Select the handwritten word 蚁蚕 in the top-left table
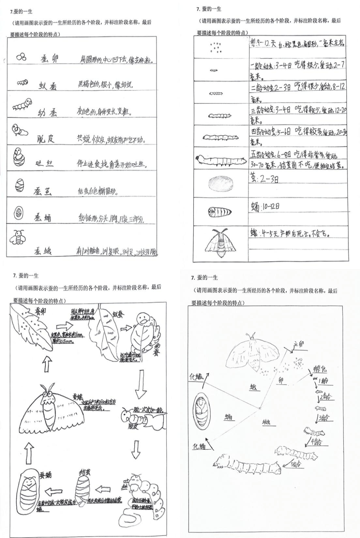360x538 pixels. click(x=47, y=86)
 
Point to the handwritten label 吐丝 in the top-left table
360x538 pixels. click(x=44, y=164)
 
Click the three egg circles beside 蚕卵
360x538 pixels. click(x=21, y=57)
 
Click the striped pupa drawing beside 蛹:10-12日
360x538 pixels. click(x=220, y=212)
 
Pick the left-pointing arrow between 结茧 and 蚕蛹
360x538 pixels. click(x=54, y=491)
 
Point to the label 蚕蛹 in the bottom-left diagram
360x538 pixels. click(x=45, y=475)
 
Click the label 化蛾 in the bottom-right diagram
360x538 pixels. click(x=196, y=377)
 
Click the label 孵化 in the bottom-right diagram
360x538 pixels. click(x=320, y=369)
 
